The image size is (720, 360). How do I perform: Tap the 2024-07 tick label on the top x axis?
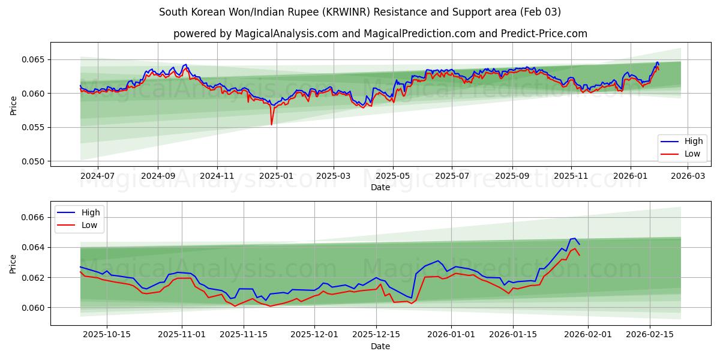pos(97,176)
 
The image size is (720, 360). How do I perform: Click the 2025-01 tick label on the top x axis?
pos(276,176)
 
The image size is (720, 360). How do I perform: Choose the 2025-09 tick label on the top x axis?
pos(512,176)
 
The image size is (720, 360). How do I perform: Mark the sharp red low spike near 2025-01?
pos(271,124)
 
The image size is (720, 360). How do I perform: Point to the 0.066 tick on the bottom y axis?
pos(34,217)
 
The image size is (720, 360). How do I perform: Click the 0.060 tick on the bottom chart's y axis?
pos(34,308)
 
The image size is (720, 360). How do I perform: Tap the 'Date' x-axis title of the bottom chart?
pos(380,346)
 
